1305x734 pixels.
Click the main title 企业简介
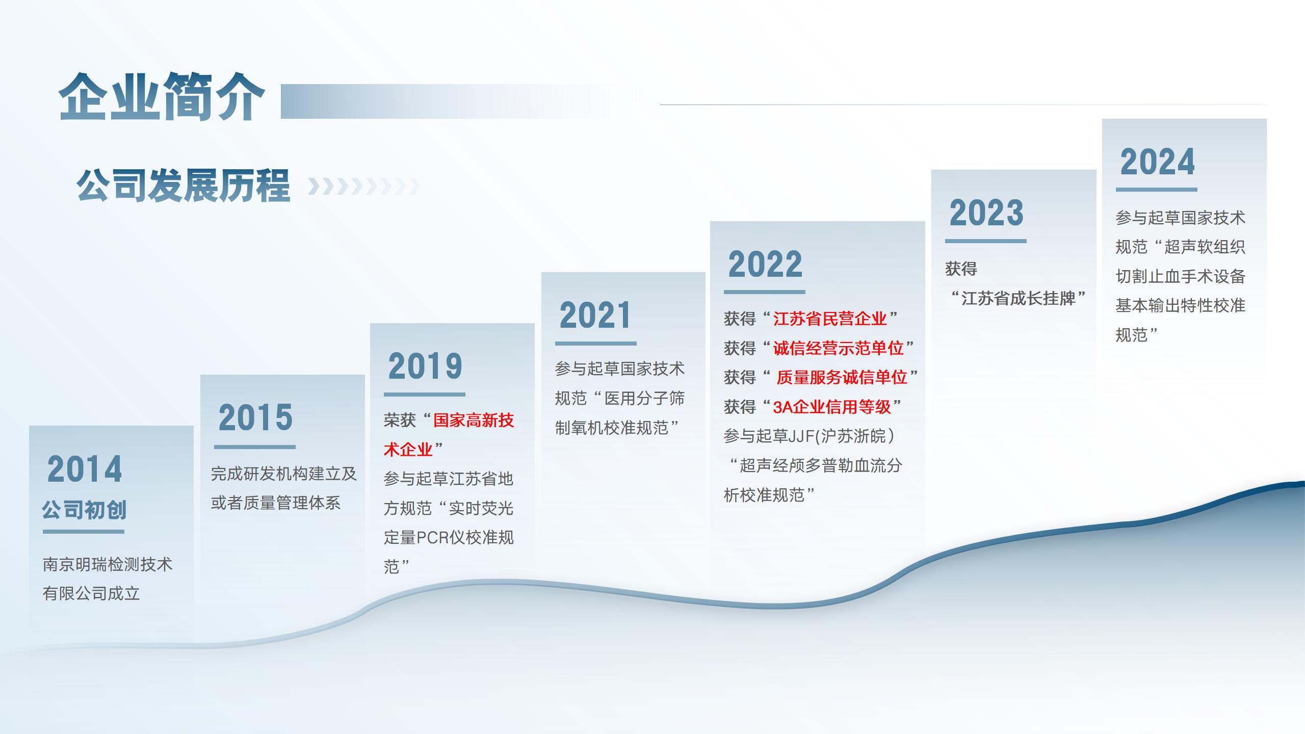[x=162, y=97]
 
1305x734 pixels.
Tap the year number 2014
[x=85, y=469]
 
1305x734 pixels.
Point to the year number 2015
[x=255, y=417]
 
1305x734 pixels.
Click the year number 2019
[x=425, y=366]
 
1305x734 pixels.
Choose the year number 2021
[x=595, y=315]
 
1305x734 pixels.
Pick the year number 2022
[x=765, y=264]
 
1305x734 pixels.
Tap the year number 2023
[x=986, y=213]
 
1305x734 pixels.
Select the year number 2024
[x=1157, y=162]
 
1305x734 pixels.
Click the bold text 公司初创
[x=84, y=510]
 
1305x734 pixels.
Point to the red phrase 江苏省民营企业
[x=830, y=319]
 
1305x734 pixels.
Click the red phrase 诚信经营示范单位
[x=838, y=348]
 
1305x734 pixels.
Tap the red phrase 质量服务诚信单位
[x=842, y=377]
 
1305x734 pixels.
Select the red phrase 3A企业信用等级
[x=832, y=407]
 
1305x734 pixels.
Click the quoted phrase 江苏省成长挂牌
[x=1018, y=298]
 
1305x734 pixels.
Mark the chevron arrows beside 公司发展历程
[x=364, y=187]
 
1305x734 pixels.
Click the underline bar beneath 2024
[x=1157, y=190]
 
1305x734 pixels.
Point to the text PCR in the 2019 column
[x=433, y=538]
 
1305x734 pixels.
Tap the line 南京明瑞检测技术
[x=108, y=564]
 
